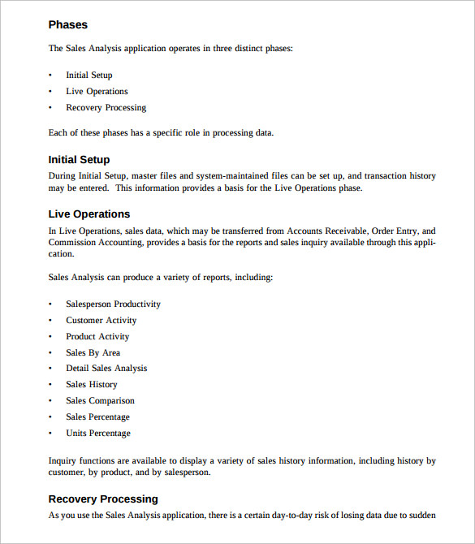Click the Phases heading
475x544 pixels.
[x=68, y=25]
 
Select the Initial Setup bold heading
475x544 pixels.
[x=79, y=160]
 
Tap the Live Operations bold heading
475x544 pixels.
[x=89, y=214]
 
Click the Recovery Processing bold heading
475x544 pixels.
[x=103, y=499]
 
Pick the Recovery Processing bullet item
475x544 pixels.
[x=106, y=108]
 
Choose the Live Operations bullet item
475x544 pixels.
[x=97, y=92]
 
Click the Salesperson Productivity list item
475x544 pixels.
[x=114, y=304]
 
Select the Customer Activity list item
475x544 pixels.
[x=101, y=321]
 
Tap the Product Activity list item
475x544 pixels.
[x=97, y=337]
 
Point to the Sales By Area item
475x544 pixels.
[x=93, y=353]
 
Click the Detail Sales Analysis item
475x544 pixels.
[x=106, y=369]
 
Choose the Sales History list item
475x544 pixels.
[x=92, y=385]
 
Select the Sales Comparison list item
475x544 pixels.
[x=101, y=401]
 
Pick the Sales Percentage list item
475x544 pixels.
[x=97, y=417]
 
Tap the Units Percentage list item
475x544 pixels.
[x=98, y=434]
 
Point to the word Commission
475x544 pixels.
[x=71, y=242]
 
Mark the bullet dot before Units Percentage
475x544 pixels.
[x=51, y=434]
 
